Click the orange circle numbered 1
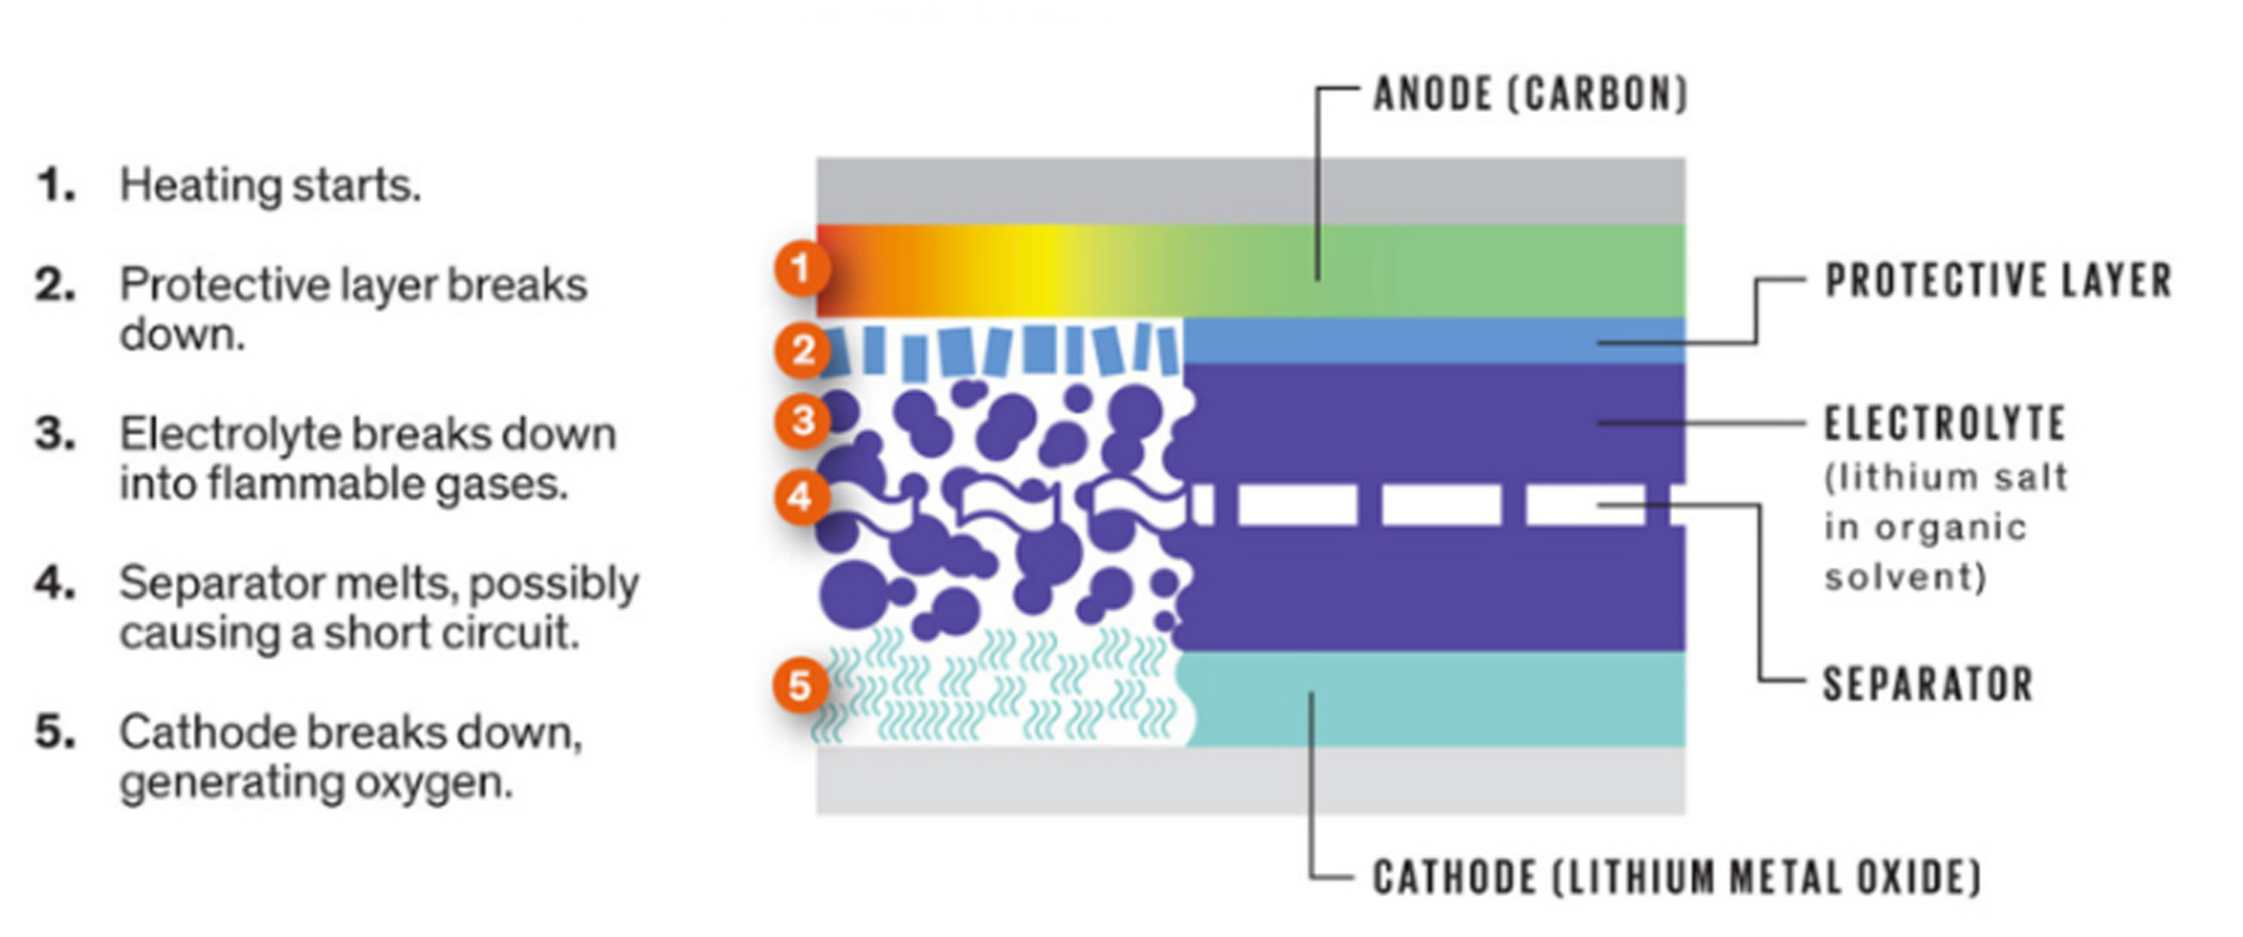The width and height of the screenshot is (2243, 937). point(801,268)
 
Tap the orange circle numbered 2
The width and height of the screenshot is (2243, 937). point(801,350)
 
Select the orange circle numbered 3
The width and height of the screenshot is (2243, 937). point(801,421)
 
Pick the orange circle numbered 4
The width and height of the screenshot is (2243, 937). point(801,497)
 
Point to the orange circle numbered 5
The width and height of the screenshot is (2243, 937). point(799,685)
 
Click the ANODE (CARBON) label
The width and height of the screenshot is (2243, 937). point(1530,94)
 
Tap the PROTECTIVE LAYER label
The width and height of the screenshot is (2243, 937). point(1999,281)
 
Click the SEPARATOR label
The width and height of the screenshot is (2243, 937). point(1928,684)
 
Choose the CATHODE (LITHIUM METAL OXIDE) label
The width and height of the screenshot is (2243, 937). point(1677,877)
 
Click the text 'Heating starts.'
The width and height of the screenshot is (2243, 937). point(270,185)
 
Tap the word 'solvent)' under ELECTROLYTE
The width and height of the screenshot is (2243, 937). point(1905,577)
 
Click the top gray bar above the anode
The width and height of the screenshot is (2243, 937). point(1250,191)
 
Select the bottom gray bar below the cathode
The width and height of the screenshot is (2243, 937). point(1250,780)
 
